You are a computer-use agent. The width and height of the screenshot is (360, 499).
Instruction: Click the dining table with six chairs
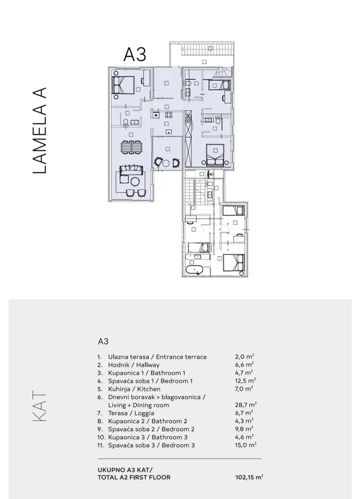[x=131, y=147]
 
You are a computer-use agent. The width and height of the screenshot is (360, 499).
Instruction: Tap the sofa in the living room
[x=130, y=169]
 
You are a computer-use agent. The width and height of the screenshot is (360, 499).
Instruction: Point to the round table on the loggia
[x=166, y=163]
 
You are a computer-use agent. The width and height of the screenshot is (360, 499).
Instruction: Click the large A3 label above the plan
[x=134, y=54]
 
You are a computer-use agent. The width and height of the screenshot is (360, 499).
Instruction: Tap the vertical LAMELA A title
[x=40, y=130]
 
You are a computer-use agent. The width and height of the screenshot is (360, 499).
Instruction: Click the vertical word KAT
[x=40, y=407]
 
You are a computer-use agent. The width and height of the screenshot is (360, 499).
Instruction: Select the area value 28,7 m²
[x=246, y=405]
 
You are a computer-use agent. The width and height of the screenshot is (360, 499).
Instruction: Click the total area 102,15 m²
[x=249, y=477]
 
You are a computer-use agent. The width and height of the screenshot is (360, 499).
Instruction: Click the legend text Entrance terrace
[x=181, y=357]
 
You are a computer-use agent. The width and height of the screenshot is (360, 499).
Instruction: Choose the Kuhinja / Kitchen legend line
[x=134, y=389]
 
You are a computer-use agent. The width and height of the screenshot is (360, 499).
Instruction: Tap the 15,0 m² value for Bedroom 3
[x=246, y=445]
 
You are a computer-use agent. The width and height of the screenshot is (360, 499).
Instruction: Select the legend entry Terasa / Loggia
[x=131, y=413]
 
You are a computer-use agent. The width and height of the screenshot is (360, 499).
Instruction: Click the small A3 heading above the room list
[x=103, y=341]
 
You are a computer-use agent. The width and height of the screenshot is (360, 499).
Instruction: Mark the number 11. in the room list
[x=101, y=445]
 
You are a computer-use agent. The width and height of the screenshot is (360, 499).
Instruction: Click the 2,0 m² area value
[x=244, y=357]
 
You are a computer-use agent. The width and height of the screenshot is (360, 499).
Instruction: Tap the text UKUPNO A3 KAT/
[x=125, y=470]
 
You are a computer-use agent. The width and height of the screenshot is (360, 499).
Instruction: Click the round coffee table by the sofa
[x=135, y=182]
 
